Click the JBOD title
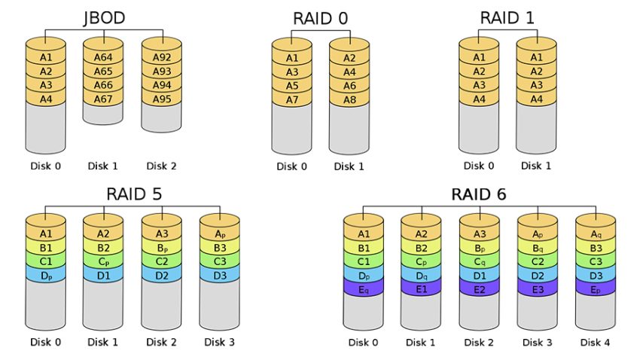click(103, 18)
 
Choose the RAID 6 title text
click(478, 194)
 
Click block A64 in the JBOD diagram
click(103, 58)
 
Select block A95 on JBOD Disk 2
click(162, 99)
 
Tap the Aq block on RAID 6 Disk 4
click(595, 234)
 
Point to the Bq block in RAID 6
click(538, 248)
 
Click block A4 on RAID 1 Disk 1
click(535, 99)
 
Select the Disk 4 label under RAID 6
click(595, 343)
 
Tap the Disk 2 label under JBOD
click(162, 166)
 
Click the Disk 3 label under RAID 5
click(219, 343)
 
